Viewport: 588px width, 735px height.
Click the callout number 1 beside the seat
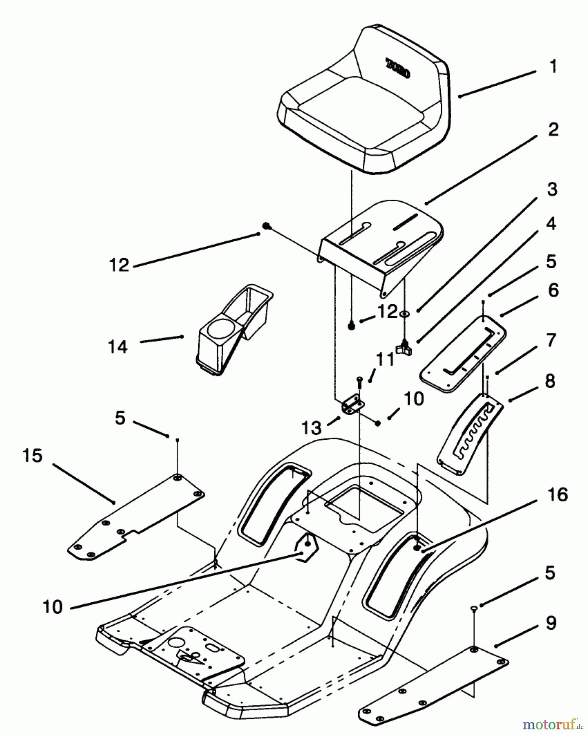tap(553, 67)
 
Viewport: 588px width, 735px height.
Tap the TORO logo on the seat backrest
tap(398, 68)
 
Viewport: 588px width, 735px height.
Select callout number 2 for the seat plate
tap(553, 130)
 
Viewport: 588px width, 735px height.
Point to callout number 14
tap(118, 347)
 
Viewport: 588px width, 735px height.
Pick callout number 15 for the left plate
tap(33, 456)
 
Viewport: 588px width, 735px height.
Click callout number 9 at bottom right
tap(550, 623)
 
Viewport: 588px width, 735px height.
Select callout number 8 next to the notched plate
tap(550, 381)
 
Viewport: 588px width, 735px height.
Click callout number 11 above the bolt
tap(385, 360)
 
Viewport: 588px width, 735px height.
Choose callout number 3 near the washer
tap(552, 189)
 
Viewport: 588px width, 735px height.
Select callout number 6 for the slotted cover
tap(553, 291)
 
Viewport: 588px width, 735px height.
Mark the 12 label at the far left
tap(119, 265)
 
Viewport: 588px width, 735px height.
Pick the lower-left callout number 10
tap(52, 607)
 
